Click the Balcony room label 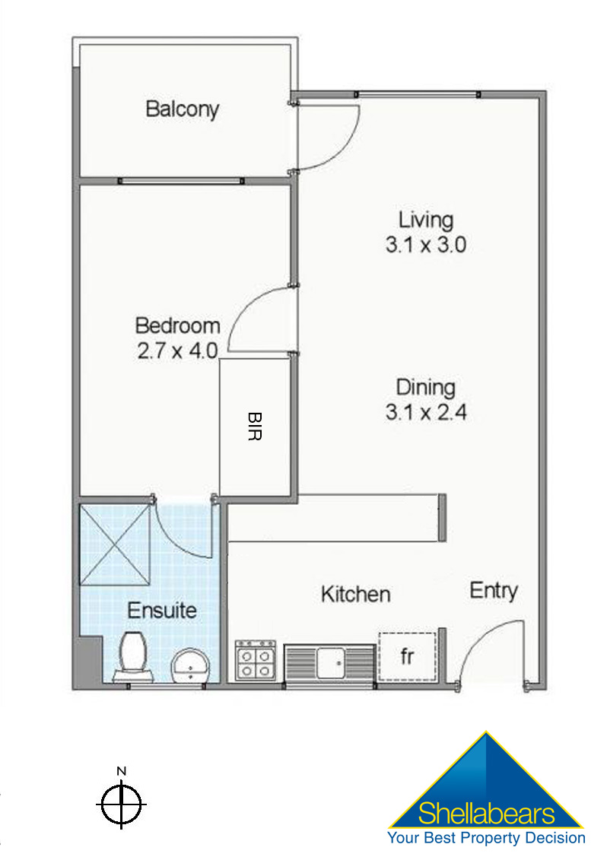(x=182, y=109)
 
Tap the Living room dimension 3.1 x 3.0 (x=426, y=246)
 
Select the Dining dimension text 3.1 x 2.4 (x=426, y=413)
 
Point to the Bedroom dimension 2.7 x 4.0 (x=177, y=351)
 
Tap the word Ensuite (x=162, y=610)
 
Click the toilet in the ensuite (x=133, y=655)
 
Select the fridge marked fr (x=407, y=656)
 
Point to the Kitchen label (x=355, y=594)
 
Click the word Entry (x=494, y=591)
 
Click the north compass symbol (x=122, y=802)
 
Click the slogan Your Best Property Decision (x=487, y=838)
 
